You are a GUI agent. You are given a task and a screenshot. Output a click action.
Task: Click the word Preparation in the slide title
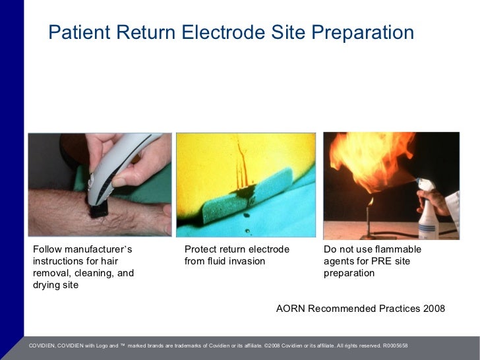click(x=360, y=32)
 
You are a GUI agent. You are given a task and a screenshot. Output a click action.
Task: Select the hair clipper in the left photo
click(x=113, y=171)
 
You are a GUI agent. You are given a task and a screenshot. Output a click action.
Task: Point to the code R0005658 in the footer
click(x=395, y=345)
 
